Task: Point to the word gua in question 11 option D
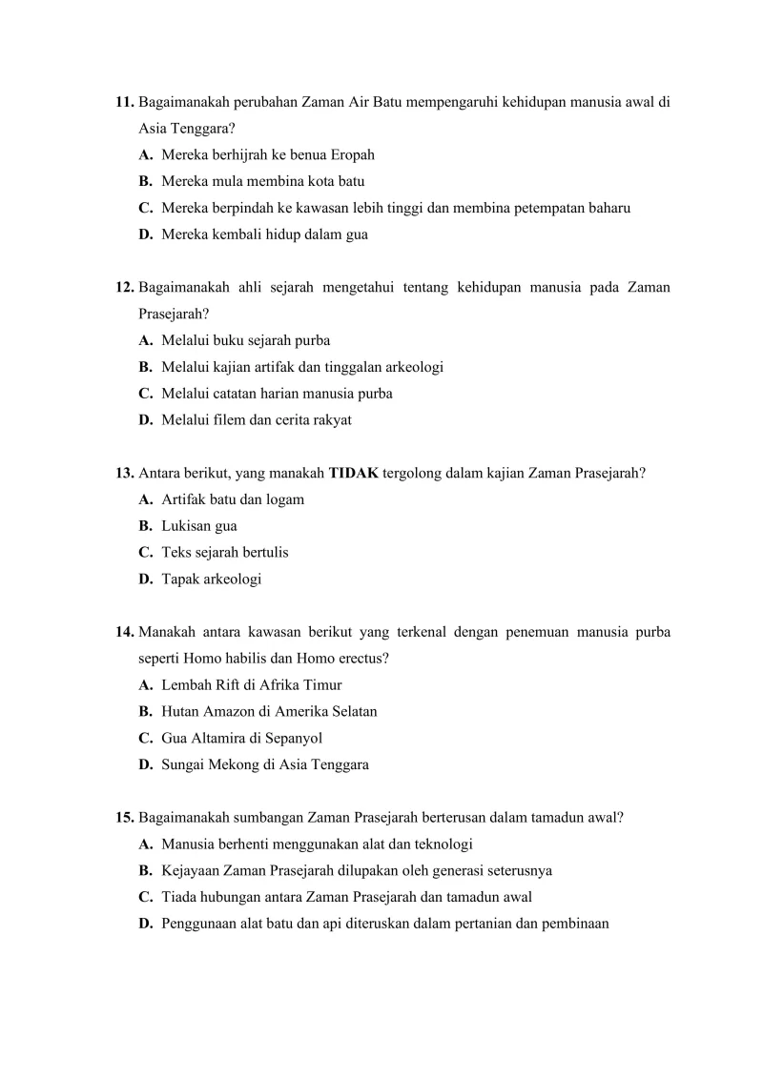(x=357, y=234)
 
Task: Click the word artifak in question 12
(x=274, y=367)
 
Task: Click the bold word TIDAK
(x=354, y=473)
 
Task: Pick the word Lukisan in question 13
(x=186, y=526)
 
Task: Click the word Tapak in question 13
(x=180, y=580)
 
